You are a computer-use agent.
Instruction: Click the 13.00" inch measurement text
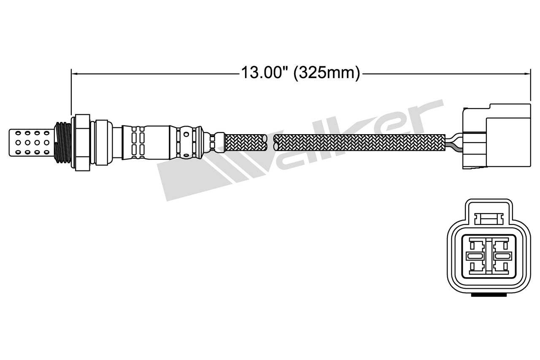[x=264, y=73]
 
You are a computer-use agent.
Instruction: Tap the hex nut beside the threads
[x=82, y=142]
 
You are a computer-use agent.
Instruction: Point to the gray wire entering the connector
[x=454, y=146]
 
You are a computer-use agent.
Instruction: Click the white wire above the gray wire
[x=454, y=137]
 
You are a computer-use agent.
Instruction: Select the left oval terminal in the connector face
[x=475, y=256]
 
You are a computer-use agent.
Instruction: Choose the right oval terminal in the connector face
[x=502, y=256]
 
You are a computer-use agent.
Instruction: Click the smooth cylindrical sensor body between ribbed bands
[x=158, y=142]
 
